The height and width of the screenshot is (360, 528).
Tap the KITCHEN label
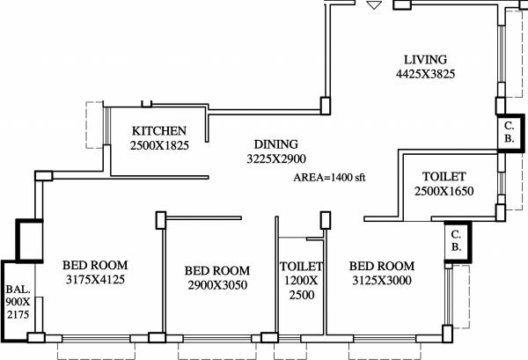(159, 131)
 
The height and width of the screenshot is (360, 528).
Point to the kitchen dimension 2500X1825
(159, 146)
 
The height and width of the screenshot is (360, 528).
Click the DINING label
(276, 144)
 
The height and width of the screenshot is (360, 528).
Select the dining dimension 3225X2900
(276, 160)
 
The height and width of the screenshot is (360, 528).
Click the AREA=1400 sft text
(329, 177)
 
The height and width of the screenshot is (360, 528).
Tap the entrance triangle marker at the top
(374, 5)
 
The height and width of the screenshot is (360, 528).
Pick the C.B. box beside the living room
(510, 133)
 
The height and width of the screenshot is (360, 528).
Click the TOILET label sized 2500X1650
(444, 176)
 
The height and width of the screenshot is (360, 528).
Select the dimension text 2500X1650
(444, 191)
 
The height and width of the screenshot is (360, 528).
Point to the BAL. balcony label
(17, 288)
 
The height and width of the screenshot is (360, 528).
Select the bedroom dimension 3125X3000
(382, 281)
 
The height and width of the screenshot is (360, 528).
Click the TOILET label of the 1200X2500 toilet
(302, 267)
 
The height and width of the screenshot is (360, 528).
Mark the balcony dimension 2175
(17, 314)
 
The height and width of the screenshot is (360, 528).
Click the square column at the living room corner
(325, 106)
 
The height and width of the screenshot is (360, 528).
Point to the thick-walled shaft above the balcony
(28, 240)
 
